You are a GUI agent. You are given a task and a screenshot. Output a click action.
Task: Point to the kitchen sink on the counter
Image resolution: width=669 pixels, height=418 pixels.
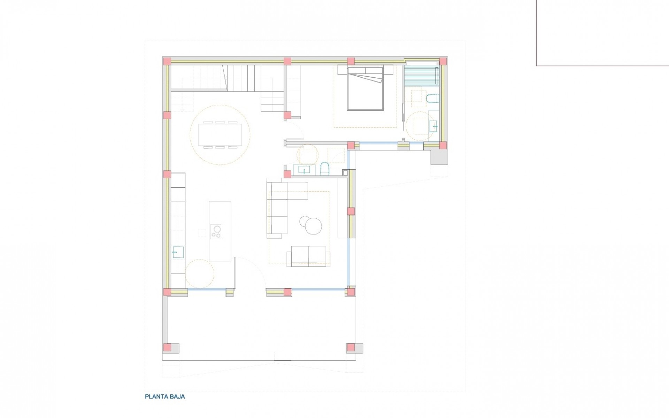tap(178, 252)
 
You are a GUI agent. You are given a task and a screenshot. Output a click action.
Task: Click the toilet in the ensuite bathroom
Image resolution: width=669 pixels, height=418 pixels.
tap(432, 99)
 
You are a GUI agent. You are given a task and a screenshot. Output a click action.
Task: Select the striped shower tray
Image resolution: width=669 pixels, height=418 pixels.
tap(421, 79)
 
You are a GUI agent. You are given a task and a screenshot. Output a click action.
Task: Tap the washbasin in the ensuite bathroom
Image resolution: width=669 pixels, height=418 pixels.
tap(433, 126)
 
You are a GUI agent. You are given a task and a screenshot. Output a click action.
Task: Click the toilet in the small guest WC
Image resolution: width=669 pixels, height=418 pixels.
tap(324, 169)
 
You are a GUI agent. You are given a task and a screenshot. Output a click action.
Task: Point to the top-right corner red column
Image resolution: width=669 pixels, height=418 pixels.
tap(443, 62)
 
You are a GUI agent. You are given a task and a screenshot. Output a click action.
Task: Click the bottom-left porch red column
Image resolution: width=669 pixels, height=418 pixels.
tap(168, 348)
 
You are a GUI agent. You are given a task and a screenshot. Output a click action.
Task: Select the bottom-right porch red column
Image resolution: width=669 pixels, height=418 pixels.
tap(351, 348)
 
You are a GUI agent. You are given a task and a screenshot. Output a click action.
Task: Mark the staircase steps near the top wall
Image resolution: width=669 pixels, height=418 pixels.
tap(244, 78)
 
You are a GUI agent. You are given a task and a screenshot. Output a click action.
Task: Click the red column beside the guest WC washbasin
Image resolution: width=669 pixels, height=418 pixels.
tap(287, 174)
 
